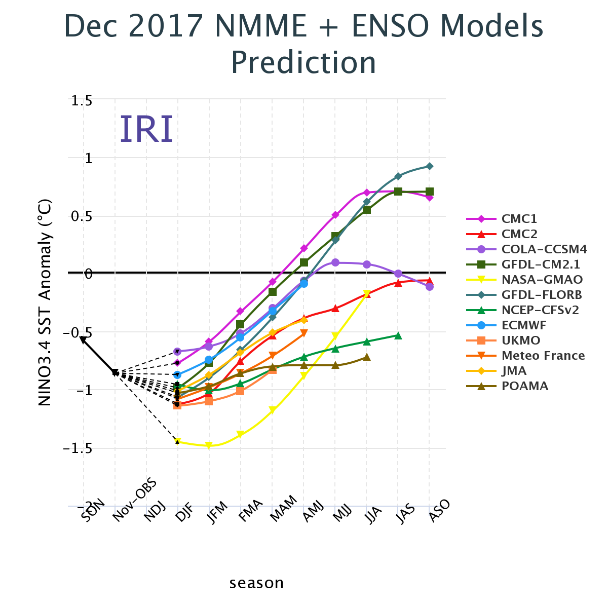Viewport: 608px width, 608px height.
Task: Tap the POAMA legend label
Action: click(525, 386)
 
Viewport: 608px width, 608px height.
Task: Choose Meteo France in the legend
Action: click(543, 356)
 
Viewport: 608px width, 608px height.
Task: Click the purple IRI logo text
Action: click(146, 130)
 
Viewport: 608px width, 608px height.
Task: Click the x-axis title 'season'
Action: click(256, 583)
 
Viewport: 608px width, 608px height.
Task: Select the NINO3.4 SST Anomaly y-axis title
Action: click(45, 302)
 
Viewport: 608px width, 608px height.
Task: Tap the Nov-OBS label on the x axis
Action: click(135, 502)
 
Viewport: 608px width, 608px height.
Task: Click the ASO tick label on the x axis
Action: click(439, 507)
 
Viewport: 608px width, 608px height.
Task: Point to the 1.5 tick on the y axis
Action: click(81, 101)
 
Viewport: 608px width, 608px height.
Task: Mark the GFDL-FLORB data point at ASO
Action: click(430, 166)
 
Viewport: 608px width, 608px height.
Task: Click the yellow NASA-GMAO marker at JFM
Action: click(209, 446)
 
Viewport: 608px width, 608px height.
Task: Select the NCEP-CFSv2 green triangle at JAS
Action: click(398, 335)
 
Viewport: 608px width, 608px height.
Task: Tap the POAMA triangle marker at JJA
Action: click(367, 357)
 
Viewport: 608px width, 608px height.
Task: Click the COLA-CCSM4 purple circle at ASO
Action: click(430, 287)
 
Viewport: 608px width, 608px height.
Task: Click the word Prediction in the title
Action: click(303, 63)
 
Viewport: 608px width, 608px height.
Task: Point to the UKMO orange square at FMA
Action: click(240, 391)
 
